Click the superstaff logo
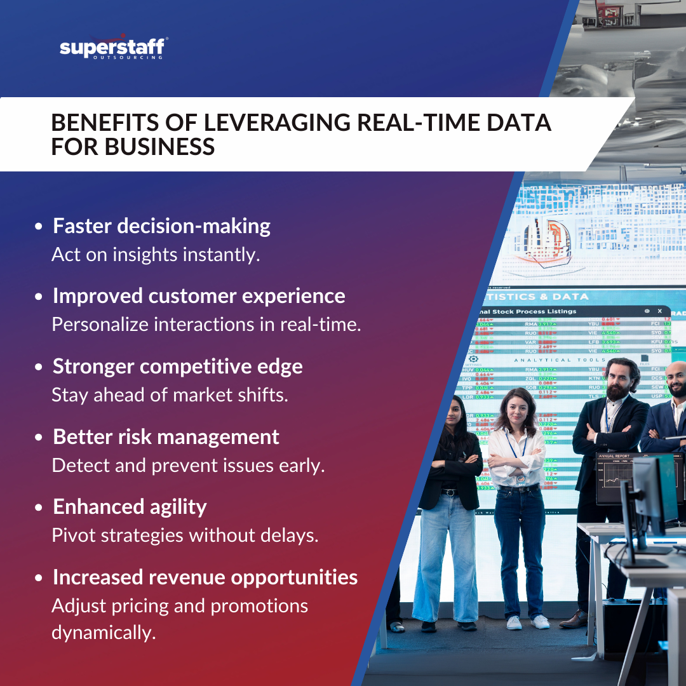point(113,48)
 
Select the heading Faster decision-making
point(161,226)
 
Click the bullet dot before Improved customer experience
point(39,297)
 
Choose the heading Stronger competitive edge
point(177,367)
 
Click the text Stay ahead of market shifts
point(170,394)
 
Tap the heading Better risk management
point(166,437)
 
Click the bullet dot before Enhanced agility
point(39,508)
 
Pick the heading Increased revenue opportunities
point(205,577)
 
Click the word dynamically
point(103,633)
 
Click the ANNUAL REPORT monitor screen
point(619,476)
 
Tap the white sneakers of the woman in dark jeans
point(527,622)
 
